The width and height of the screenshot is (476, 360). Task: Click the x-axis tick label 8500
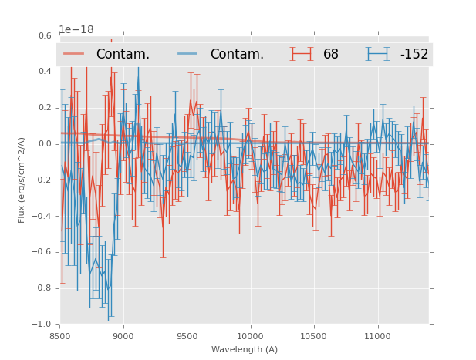point(60,336)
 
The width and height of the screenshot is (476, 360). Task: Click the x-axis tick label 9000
point(123,336)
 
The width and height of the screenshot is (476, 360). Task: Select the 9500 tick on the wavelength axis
point(187,336)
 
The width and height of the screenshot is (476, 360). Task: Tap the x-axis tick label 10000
point(250,336)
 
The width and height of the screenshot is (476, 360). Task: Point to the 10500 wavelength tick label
point(314,336)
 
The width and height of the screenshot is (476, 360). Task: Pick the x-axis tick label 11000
point(377,336)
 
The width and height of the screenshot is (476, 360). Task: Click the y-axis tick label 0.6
point(44,35)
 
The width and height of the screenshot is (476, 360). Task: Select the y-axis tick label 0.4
point(44,72)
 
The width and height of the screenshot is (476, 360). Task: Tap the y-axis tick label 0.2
point(44,108)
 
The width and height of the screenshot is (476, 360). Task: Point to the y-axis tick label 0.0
point(44,143)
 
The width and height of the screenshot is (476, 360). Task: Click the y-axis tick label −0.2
point(42,180)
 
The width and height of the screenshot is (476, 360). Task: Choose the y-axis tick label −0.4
point(42,216)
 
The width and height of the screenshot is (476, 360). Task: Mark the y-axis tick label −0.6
point(42,252)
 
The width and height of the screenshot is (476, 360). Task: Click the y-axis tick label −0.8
point(42,288)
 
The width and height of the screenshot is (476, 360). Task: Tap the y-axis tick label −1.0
point(42,325)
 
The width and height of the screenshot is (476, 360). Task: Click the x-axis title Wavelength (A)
point(245,350)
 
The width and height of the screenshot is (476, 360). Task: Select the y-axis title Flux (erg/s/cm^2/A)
point(22,180)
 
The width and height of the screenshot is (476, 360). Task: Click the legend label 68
point(331,55)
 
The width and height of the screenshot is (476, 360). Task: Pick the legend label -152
point(414,55)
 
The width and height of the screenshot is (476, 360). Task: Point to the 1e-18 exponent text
point(76,30)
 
